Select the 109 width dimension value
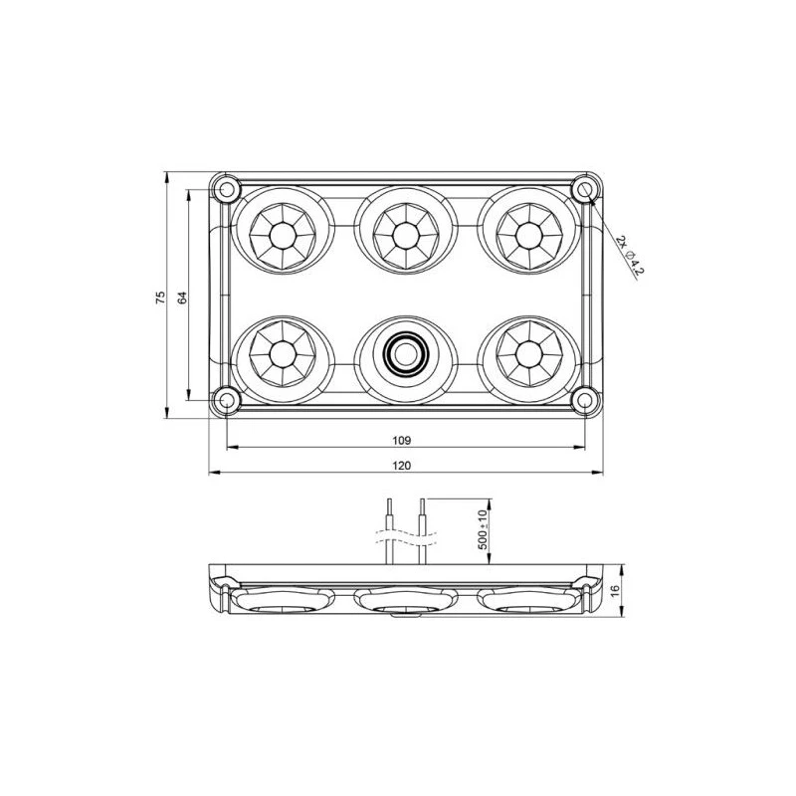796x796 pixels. tap(403, 439)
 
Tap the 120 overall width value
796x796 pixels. tap(403, 465)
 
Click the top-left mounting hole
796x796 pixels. tap(227, 188)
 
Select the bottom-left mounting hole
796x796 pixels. tap(227, 400)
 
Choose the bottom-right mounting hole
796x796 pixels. tap(584, 400)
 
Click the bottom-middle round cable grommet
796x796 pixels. tap(404, 352)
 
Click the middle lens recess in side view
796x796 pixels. tap(405, 601)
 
